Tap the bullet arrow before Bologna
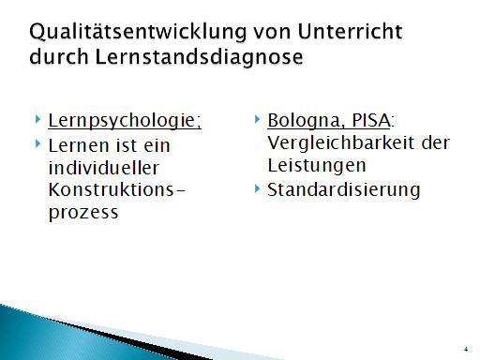pyautogui.click(x=257, y=120)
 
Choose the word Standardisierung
pyautogui.click(x=343, y=189)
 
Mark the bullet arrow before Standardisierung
pyautogui.click(x=257, y=188)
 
